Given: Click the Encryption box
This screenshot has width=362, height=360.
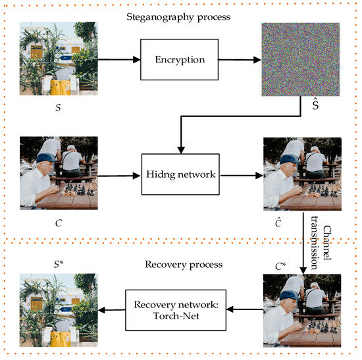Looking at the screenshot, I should (x=179, y=59).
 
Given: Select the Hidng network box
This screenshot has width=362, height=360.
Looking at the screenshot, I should (x=179, y=176).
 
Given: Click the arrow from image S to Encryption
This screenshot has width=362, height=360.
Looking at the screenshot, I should (x=120, y=59).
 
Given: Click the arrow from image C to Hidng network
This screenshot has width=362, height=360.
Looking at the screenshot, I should (x=120, y=176).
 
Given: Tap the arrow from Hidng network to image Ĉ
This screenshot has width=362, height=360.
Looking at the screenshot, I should (x=239, y=176).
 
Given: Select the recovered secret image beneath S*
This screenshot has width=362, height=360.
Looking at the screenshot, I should (x=59, y=312).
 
